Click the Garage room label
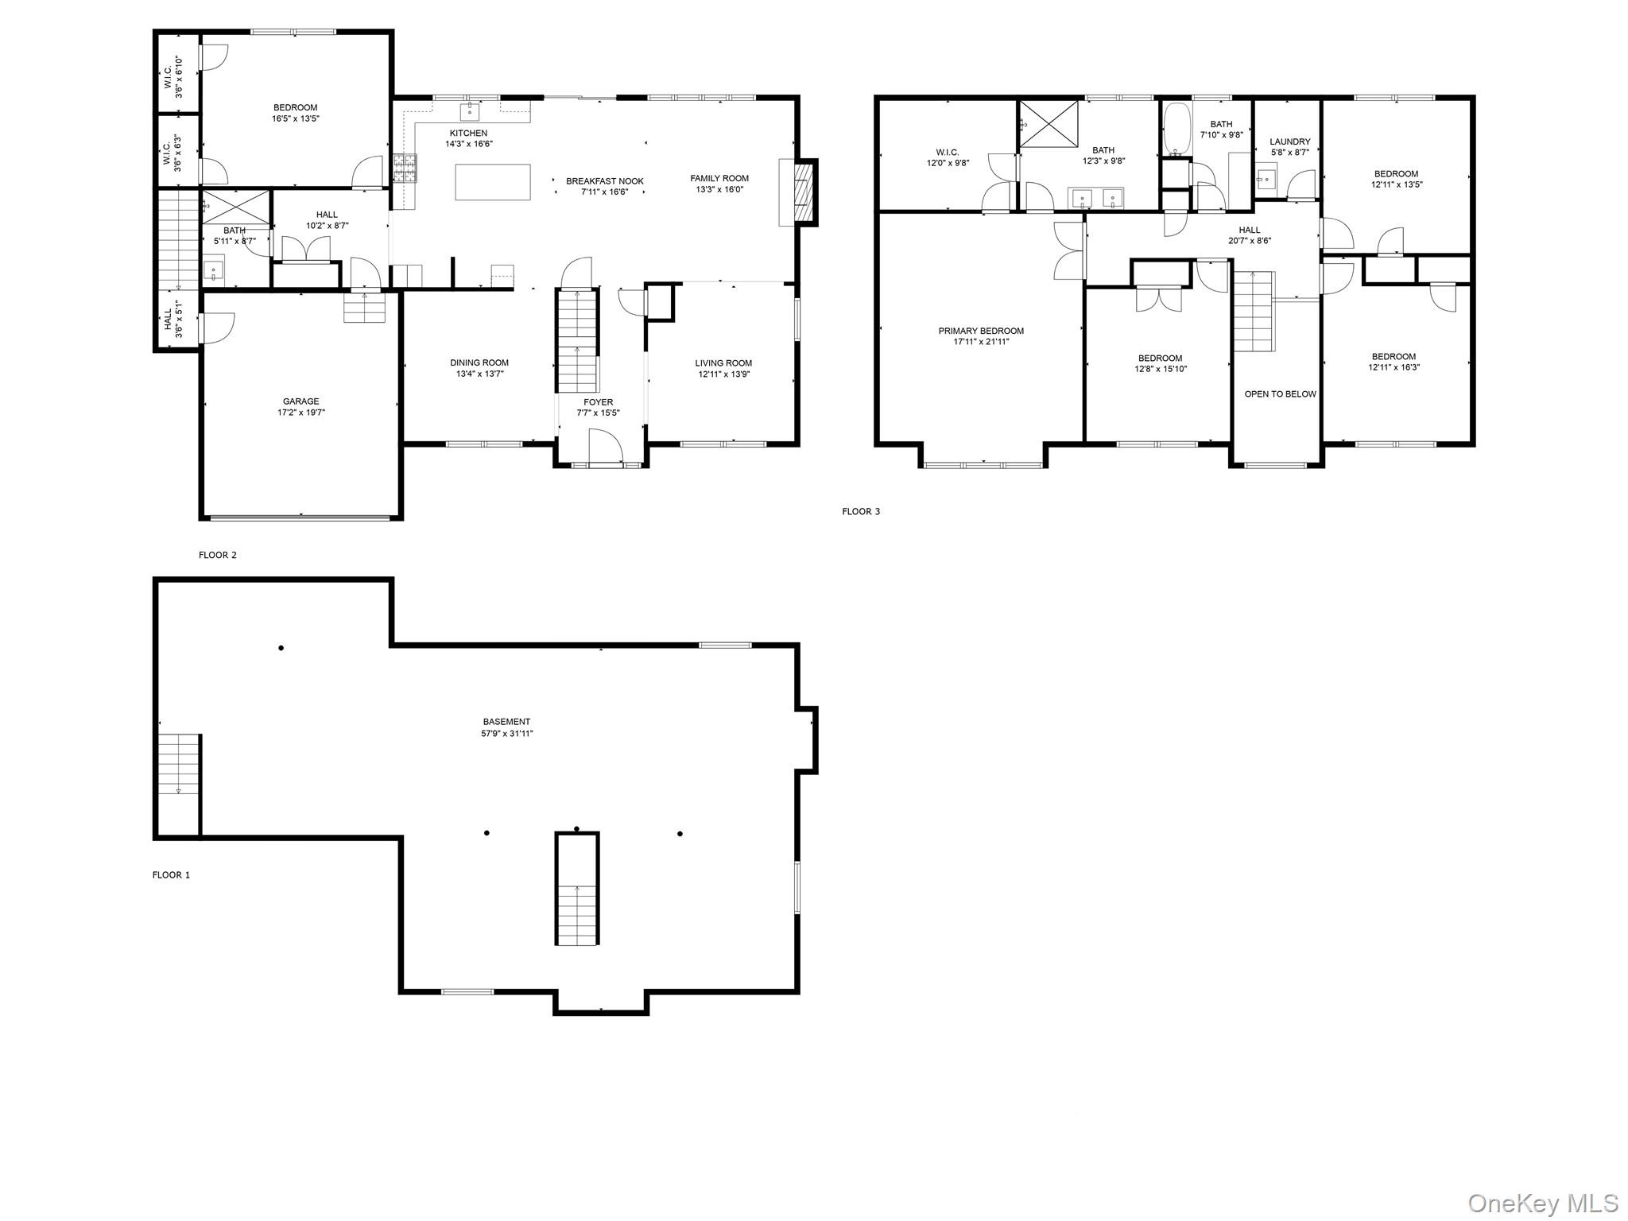300,401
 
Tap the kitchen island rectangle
493,182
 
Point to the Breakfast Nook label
604,181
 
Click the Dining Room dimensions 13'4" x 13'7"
479,374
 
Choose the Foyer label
598,402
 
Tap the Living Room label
723,363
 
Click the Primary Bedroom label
981,331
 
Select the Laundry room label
1290,141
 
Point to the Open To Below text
1280,394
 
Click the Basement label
506,722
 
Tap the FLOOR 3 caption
861,511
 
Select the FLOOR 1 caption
171,875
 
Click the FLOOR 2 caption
217,555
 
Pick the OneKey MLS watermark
1542,1202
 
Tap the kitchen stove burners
404,168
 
